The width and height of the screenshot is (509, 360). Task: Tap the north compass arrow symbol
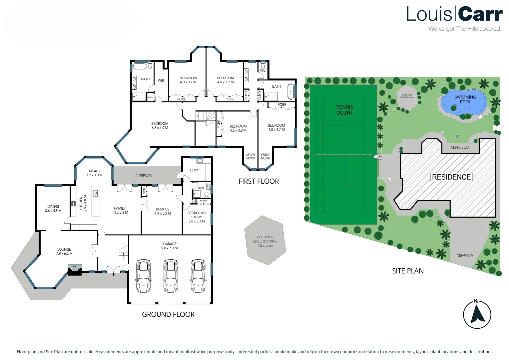pos(477,315)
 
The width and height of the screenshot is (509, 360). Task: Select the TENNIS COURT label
pos(345,110)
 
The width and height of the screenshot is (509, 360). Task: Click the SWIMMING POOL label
pos(465,99)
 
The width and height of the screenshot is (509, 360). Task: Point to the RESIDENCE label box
pos(451,177)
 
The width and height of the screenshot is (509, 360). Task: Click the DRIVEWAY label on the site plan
pos(465,256)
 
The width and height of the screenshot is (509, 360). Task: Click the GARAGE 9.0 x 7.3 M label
pos(170,246)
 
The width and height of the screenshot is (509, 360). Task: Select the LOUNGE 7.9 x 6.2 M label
pos(64,251)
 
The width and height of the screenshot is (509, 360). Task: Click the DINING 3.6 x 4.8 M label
pos(53,209)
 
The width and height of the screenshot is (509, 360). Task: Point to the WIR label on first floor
pos(161,81)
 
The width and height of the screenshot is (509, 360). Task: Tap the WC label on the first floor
pos(263,70)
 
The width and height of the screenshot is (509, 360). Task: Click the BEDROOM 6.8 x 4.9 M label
pos(160,126)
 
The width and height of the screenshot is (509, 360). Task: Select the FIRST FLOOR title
pos(258,181)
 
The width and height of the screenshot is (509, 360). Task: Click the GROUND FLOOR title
pos(168,314)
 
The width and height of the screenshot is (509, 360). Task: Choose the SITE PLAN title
pos(408,271)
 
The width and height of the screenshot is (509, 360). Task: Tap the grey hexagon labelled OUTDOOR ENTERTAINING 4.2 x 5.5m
pos(265,241)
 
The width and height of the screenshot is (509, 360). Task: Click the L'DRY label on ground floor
pos(194,170)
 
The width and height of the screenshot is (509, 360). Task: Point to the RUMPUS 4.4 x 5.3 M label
pos(163,211)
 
